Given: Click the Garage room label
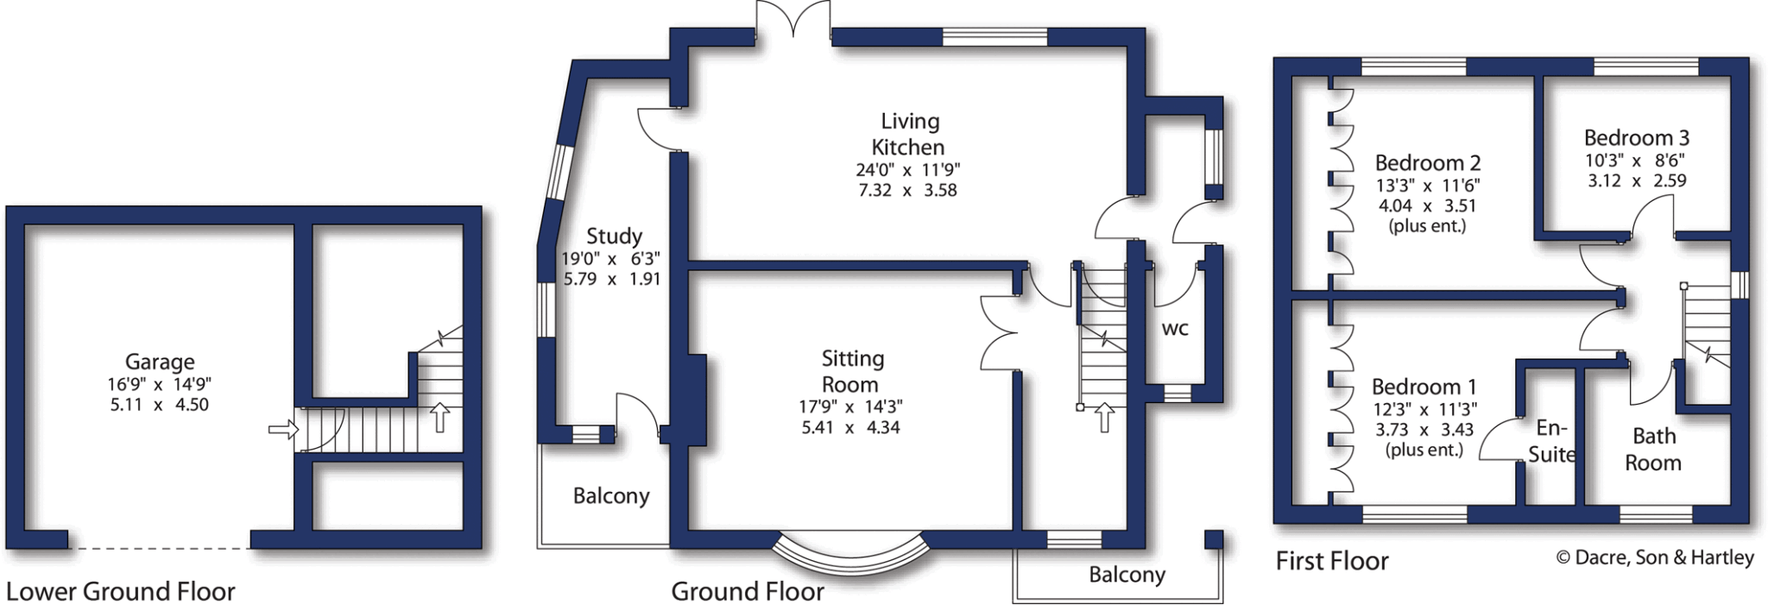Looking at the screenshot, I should (160, 362).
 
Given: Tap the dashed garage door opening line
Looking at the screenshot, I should (160, 548).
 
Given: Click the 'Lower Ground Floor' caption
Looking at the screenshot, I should (120, 591).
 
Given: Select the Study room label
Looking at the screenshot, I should (614, 236).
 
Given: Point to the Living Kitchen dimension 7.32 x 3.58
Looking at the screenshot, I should (907, 190).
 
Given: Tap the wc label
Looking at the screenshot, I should (1175, 328).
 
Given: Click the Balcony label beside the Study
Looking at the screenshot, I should (610, 495).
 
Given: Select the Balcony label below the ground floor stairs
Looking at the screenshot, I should (1127, 575).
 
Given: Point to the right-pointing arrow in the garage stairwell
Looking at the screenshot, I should (283, 428).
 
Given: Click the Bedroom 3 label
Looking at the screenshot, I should (1636, 137).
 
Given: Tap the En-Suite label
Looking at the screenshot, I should (1551, 441).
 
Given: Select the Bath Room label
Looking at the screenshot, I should (1653, 449).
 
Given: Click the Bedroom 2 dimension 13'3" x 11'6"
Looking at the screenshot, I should (1427, 185).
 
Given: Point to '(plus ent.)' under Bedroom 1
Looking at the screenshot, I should (1424, 450).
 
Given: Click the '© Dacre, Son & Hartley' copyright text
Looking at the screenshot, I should (1654, 558).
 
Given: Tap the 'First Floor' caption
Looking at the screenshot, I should (1331, 561).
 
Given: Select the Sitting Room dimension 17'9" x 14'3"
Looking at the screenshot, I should (850, 406).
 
